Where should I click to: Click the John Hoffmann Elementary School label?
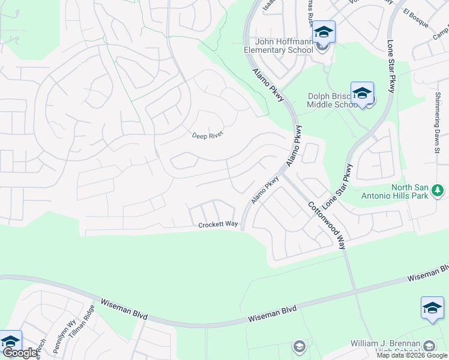click(x=285, y=46)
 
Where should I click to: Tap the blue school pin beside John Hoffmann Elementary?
click(x=324, y=32)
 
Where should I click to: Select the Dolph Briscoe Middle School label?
click(x=332, y=100)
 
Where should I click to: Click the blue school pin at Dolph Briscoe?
click(x=362, y=94)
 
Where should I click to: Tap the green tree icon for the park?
click(x=439, y=191)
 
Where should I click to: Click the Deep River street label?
click(x=208, y=136)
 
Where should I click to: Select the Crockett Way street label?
click(x=218, y=224)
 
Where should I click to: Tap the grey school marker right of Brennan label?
click(x=429, y=346)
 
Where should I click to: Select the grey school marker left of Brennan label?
click(x=299, y=346)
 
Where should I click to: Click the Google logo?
click(x=21, y=353)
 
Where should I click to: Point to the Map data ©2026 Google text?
click(x=412, y=355)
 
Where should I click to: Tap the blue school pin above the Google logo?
click(x=10, y=341)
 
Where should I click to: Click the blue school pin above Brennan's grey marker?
click(x=432, y=308)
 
